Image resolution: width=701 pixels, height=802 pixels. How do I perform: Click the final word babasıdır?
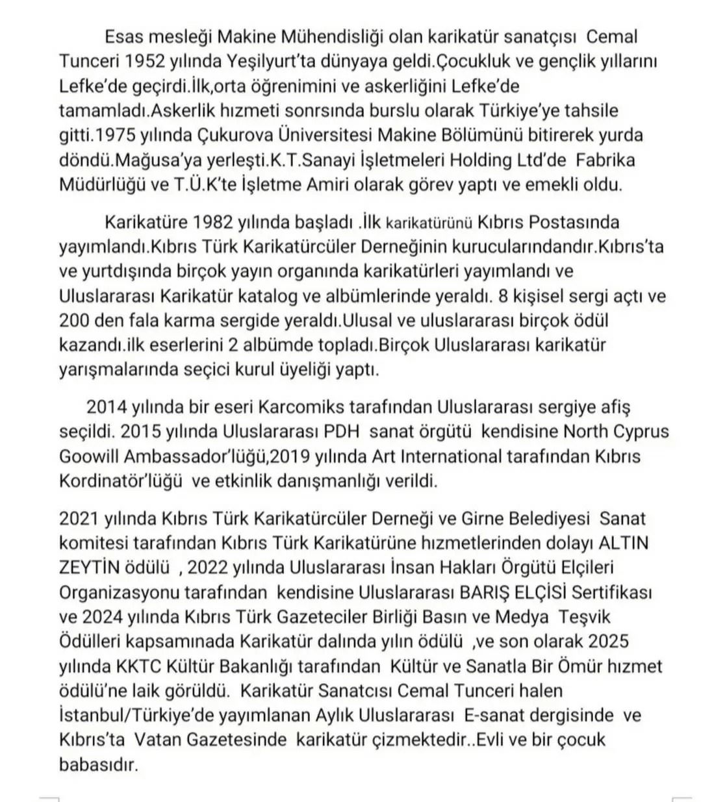(98, 764)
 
